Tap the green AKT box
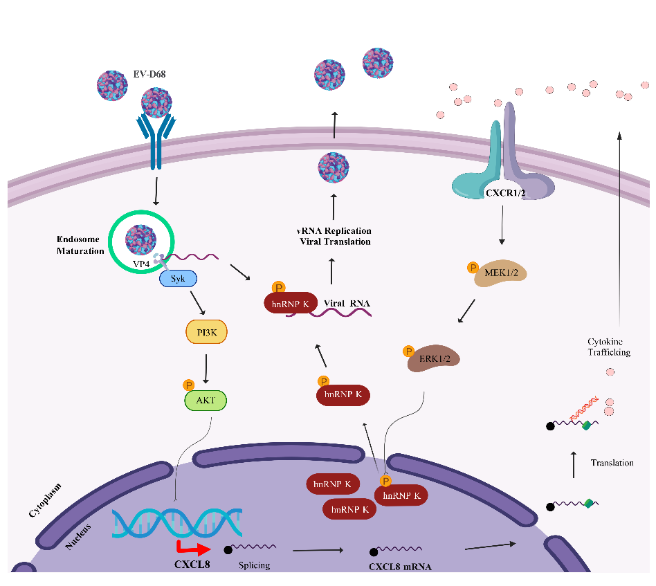205,401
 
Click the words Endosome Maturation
80,245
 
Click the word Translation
612,463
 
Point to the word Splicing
254,565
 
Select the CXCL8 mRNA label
401,567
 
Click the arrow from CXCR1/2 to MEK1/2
502,229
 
